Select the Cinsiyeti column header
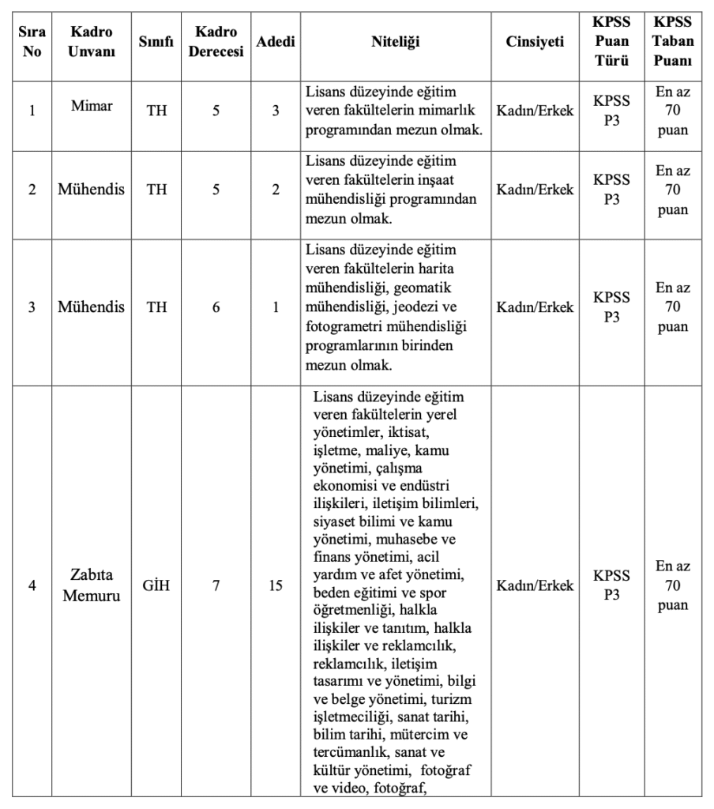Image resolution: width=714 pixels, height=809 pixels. (x=535, y=42)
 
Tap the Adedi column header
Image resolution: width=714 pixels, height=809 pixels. (x=276, y=42)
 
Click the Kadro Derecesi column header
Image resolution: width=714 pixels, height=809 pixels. (x=216, y=42)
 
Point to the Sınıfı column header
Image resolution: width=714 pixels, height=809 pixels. (x=156, y=42)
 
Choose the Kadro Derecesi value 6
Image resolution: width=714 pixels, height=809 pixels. (x=216, y=307)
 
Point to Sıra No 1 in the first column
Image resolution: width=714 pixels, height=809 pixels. (x=32, y=110)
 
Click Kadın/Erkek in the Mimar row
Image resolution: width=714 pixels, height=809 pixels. (x=535, y=110)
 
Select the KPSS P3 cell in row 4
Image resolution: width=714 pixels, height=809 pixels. (x=611, y=585)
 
